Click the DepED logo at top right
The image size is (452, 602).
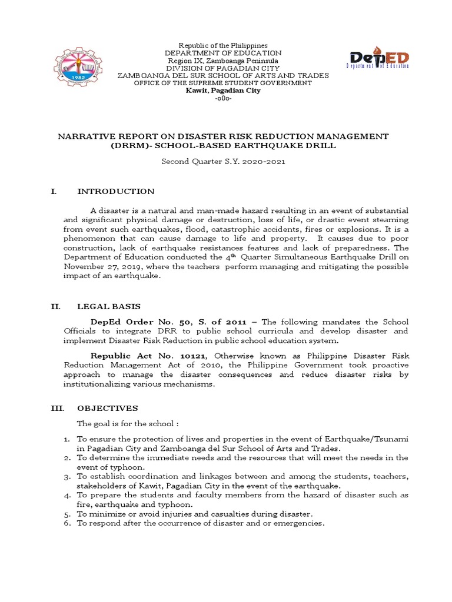click(x=379, y=61)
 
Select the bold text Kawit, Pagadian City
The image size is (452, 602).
click(x=223, y=91)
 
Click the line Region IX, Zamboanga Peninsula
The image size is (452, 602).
click(x=223, y=61)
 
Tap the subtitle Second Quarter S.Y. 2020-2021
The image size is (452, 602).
click(x=223, y=162)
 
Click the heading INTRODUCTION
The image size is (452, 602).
click(x=116, y=192)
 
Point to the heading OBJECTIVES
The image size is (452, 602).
click(x=108, y=408)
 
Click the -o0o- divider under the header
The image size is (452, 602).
click(x=223, y=99)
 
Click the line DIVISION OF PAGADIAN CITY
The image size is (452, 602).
click(x=223, y=68)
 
